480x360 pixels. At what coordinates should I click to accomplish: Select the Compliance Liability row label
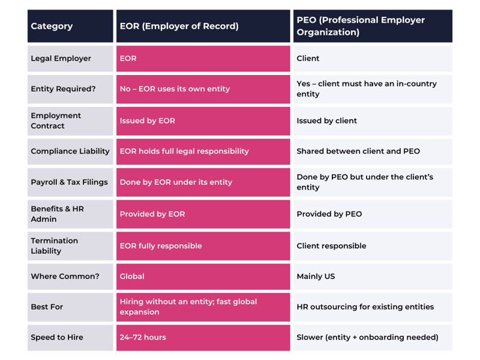click(70, 151)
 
